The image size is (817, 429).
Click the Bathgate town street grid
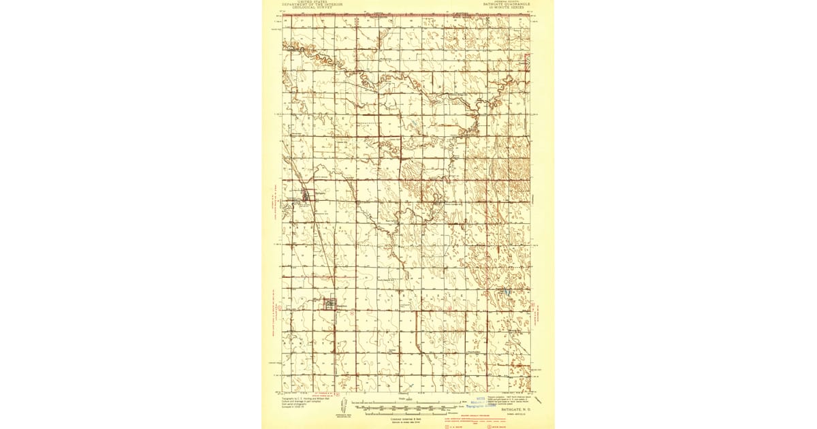pos(306,197)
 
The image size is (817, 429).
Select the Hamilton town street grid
pos(331,304)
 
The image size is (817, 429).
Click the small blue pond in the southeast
pos(507,292)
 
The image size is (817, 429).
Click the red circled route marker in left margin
pos(277,307)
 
